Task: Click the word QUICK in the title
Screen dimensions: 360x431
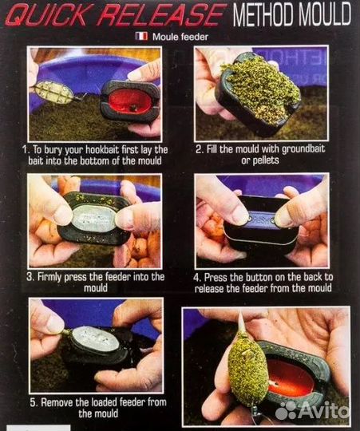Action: [x=47, y=14]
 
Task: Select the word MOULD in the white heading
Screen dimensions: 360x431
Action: [x=325, y=14]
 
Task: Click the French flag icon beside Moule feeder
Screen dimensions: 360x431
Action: [x=141, y=36]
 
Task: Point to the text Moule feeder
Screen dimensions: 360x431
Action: [x=180, y=37]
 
